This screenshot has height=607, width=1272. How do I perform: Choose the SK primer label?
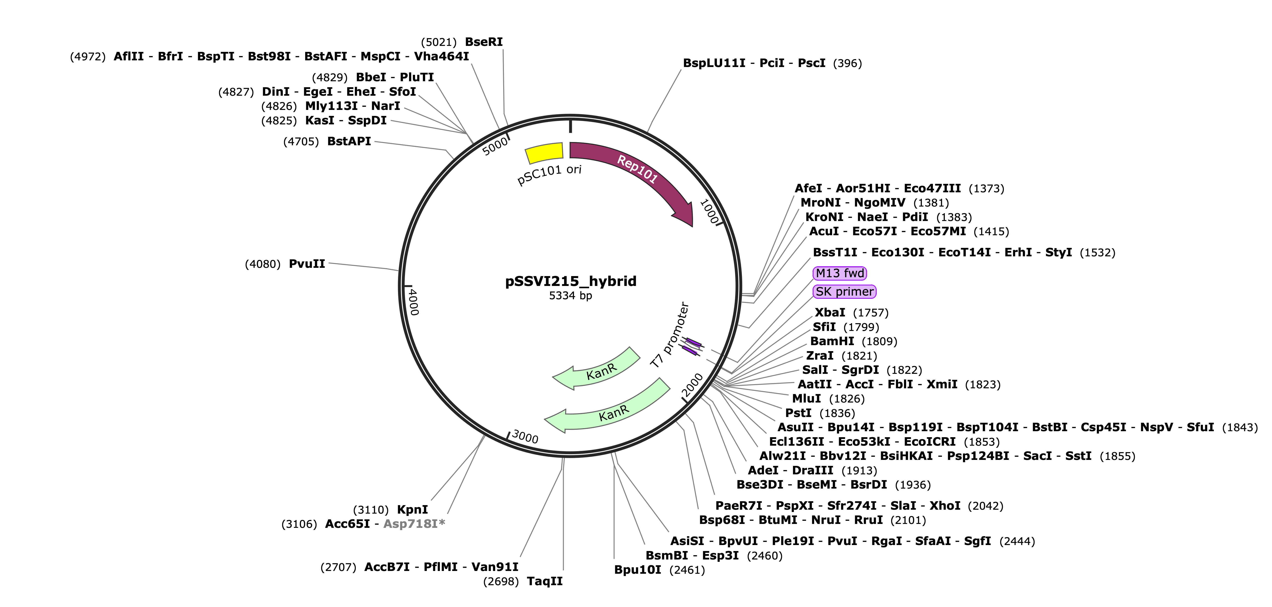[844, 292]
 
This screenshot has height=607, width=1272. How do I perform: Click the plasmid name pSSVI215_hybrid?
[571, 281]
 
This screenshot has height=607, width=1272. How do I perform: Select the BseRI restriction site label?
[484, 42]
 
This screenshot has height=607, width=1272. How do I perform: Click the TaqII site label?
[545, 581]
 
